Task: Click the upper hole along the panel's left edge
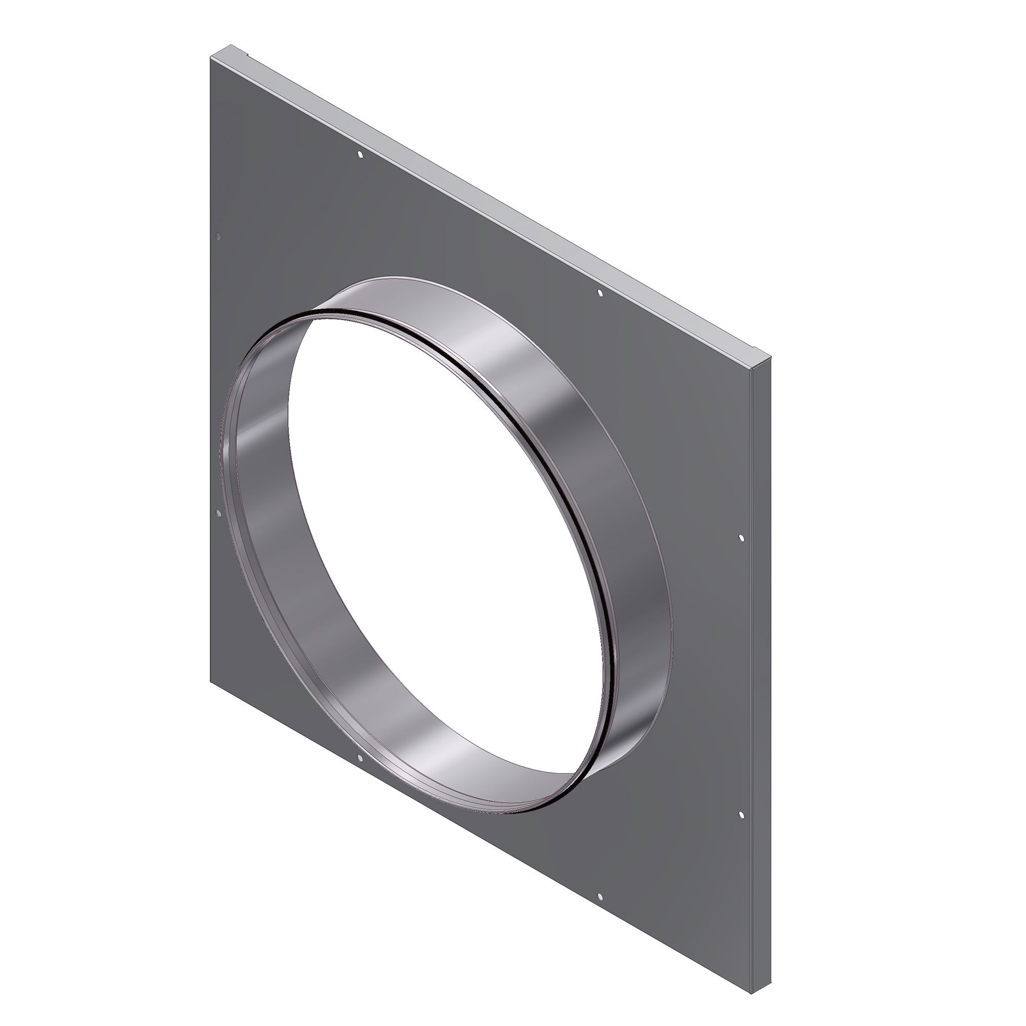click(218, 237)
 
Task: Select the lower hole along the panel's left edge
click(218, 512)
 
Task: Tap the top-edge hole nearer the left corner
click(360, 155)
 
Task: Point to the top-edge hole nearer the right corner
click(600, 293)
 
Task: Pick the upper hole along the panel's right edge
click(742, 538)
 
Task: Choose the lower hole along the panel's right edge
click(742, 815)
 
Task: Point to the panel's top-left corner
click(211, 58)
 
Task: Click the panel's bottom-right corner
click(753, 992)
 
